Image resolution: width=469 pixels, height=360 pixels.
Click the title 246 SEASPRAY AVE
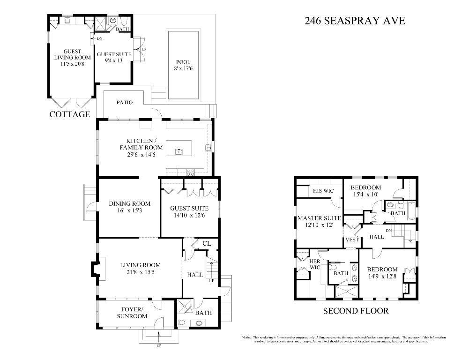pyautogui.click(x=354, y=21)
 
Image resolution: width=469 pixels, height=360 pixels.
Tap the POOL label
pyautogui.click(x=183, y=62)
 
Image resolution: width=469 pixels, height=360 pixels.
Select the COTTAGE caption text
pyautogui.click(x=70, y=114)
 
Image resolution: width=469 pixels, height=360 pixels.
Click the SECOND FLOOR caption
pyautogui.click(x=356, y=311)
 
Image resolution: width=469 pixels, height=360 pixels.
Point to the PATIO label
pyautogui.click(x=124, y=102)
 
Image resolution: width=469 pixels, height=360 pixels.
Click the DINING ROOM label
pyautogui.click(x=130, y=203)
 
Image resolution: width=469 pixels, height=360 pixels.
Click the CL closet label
pyautogui.click(x=207, y=243)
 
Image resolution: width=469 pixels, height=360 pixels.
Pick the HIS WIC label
pyautogui.click(x=322, y=191)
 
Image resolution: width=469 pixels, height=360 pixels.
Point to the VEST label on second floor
pyautogui.click(x=352, y=240)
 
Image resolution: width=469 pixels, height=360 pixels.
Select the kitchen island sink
pyautogui.click(x=179, y=151)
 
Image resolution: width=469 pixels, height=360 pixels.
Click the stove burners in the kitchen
pyautogui.click(x=191, y=172)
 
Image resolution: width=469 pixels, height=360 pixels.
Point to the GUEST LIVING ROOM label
pyautogui.click(x=72, y=58)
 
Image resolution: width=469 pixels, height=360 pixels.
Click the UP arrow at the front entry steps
pyautogui.click(x=159, y=336)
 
